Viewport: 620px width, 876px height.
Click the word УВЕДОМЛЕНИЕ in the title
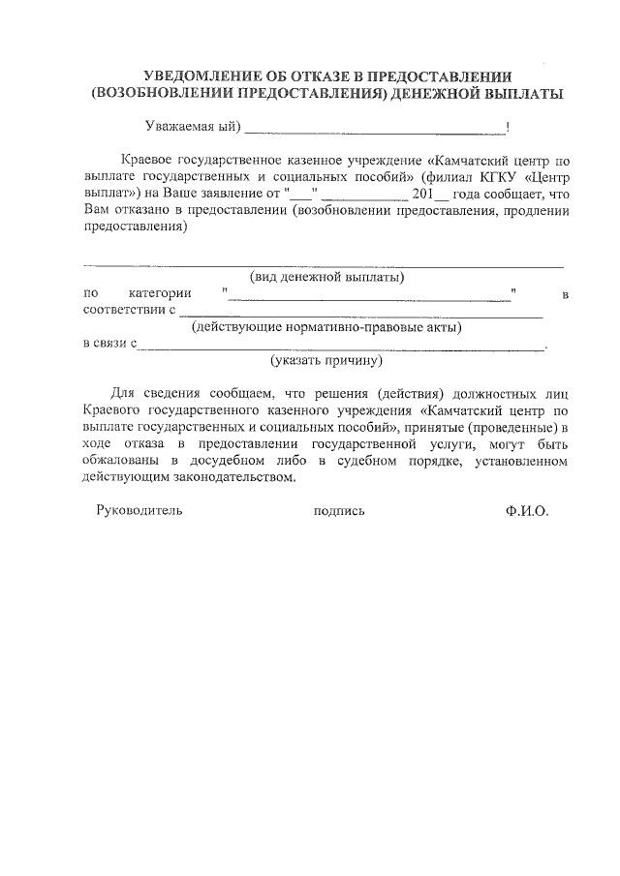coord(198,76)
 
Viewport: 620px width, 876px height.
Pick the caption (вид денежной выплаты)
coord(326,277)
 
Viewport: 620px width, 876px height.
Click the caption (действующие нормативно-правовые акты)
coord(325,327)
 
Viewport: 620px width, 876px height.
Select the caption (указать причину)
coord(325,360)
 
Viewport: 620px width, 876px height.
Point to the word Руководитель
coord(139,511)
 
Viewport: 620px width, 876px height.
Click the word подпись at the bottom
coord(339,511)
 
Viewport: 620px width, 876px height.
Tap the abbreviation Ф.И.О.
coord(526,511)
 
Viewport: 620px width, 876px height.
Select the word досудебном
coord(261,462)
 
